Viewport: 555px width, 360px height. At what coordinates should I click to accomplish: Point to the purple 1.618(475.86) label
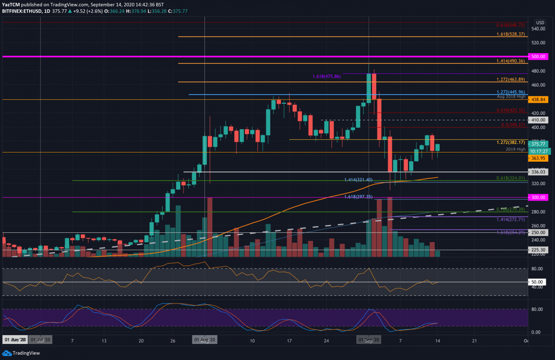(x=327, y=76)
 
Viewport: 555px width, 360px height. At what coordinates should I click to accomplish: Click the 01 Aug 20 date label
(x=204, y=340)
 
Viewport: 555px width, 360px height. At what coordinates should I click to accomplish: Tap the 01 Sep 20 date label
(x=369, y=340)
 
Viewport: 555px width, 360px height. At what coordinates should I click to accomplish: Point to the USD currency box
(x=540, y=22)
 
